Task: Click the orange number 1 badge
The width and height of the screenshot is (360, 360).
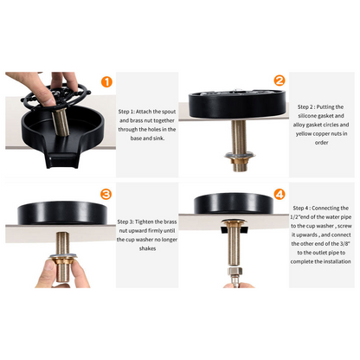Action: point(106,82)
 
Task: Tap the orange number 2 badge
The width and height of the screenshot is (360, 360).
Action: point(279,81)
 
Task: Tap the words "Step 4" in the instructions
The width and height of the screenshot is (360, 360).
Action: point(304,209)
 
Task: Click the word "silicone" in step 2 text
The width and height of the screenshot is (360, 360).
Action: point(305,116)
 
